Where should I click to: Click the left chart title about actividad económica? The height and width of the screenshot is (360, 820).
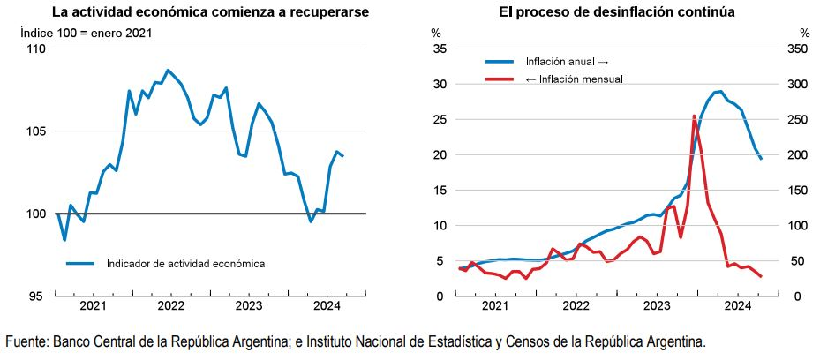point(210,12)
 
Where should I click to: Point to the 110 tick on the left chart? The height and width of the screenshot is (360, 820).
point(35,49)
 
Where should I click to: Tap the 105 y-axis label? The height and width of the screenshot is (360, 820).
point(35,131)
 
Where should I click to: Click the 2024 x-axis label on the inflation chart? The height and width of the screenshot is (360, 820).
point(737,306)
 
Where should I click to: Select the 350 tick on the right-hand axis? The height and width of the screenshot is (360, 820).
point(798,49)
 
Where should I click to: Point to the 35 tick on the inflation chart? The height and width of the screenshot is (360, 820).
point(440,49)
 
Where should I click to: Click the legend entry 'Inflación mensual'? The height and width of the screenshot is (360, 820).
point(574,79)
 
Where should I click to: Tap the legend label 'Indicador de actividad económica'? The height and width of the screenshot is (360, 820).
point(185,263)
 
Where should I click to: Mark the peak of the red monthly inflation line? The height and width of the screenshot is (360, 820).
point(694,116)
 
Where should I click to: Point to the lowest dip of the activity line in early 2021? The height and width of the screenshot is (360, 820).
point(64,239)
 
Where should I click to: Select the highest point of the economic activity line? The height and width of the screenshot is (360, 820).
point(168,70)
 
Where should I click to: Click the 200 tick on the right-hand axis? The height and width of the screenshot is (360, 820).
point(798,155)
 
